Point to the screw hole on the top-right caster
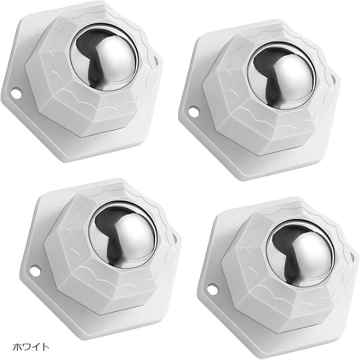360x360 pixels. pos(193,110)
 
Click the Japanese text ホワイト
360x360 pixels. pos(31,346)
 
